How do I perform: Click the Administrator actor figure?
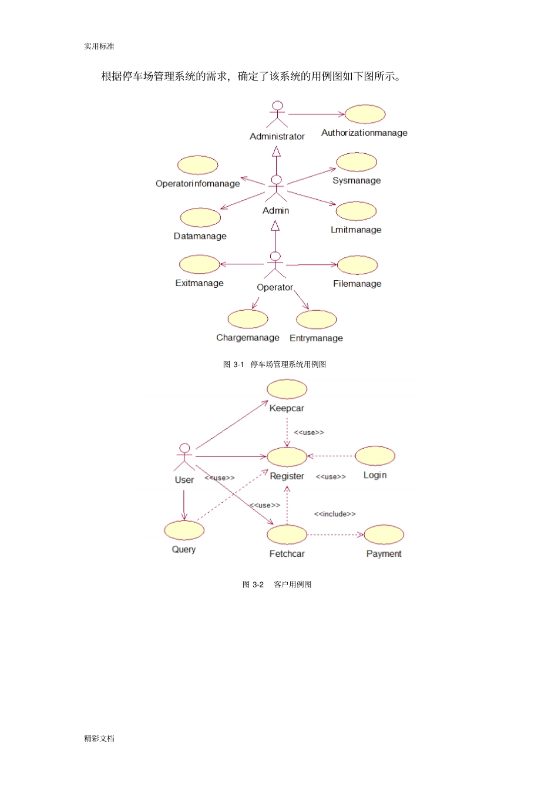(x=277, y=115)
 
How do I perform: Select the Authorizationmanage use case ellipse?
(x=365, y=114)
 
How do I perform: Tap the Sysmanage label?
(x=357, y=180)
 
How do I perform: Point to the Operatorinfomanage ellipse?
(x=197, y=165)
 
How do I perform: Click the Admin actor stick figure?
(x=276, y=189)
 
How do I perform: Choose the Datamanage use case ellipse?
(x=200, y=217)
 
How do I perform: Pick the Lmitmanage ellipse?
(x=357, y=211)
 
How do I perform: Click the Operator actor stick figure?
(x=275, y=265)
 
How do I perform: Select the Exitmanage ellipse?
(x=200, y=264)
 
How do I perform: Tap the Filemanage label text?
(x=357, y=284)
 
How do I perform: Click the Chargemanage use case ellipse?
(x=248, y=319)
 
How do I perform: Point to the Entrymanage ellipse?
(x=317, y=320)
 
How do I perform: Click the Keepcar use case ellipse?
(x=287, y=389)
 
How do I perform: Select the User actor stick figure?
(x=184, y=457)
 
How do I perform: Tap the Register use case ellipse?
(x=287, y=457)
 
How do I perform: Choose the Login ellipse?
(x=375, y=456)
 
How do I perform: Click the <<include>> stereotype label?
(x=335, y=514)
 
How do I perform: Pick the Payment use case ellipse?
(x=384, y=534)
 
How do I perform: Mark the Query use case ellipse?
(x=184, y=530)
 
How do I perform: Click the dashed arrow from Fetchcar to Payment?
(x=335, y=534)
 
